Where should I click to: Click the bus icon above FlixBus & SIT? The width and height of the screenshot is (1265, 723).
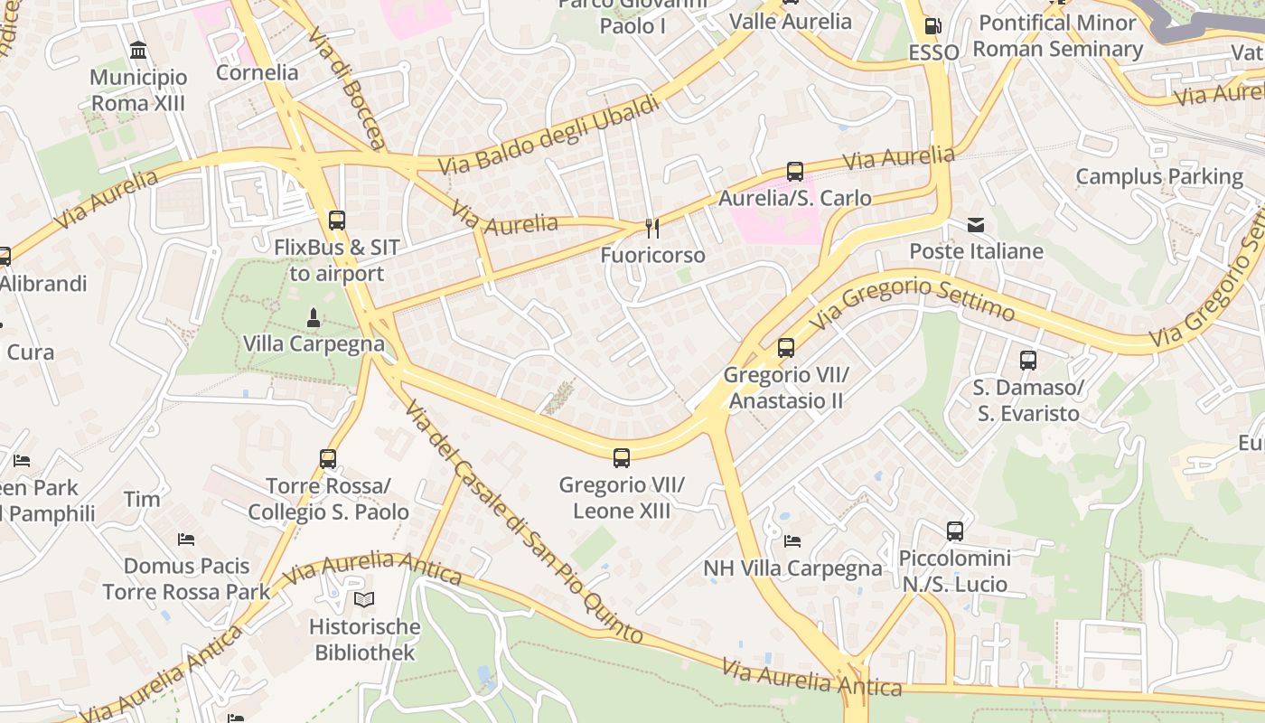(337, 220)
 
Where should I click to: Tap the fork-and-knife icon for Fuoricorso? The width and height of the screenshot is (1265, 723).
(652, 229)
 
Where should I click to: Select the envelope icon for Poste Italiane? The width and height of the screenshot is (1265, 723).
(976, 225)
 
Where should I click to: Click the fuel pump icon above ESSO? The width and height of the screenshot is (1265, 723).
(933, 26)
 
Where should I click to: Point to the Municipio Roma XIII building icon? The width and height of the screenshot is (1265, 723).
(138, 50)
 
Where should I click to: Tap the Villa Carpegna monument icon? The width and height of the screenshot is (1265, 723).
(314, 317)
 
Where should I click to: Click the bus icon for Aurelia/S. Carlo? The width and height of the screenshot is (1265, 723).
(795, 172)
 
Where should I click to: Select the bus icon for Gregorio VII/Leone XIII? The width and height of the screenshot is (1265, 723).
(622, 458)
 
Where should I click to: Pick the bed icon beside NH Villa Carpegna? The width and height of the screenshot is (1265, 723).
(792, 541)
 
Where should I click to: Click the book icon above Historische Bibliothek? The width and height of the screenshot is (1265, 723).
(364, 599)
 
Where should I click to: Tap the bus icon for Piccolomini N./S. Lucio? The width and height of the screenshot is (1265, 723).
(955, 531)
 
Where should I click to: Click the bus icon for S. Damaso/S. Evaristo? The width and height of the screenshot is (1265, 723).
(1028, 361)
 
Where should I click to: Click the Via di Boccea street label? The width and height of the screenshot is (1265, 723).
(346, 89)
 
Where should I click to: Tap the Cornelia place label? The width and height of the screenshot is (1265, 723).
(257, 72)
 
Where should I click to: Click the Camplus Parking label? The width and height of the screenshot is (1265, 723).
(1159, 176)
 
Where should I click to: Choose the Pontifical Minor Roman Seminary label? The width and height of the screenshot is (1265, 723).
(1057, 35)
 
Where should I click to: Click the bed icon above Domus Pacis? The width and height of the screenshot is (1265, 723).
(186, 540)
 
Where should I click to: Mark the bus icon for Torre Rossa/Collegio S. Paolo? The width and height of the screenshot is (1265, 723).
(328, 459)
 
